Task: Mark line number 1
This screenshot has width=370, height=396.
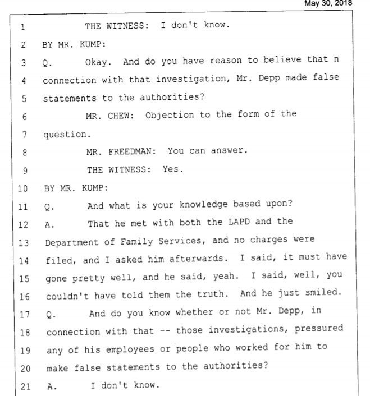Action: (x=22, y=26)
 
